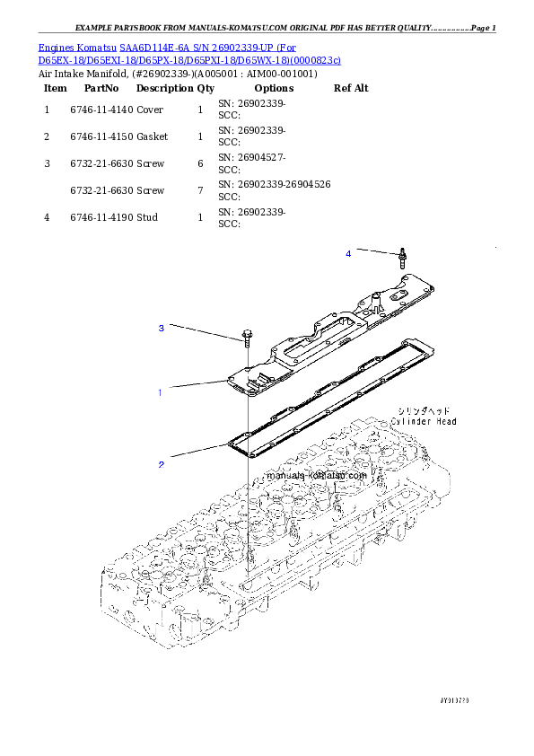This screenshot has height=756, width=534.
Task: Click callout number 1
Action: click(160, 392)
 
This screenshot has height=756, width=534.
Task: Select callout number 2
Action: click(162, 464)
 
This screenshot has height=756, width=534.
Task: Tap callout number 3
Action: click(162, 329)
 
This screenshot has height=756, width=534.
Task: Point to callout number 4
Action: click(348, 254)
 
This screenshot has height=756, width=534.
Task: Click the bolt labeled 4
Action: click(403, 259)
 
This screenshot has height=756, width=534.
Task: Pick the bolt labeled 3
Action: click(245, 339)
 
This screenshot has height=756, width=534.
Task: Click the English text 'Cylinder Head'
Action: click(423, 421)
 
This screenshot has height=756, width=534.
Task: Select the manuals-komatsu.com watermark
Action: click(317, 476)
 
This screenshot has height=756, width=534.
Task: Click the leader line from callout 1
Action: click(194, 387)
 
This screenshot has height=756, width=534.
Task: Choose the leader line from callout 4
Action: click(376, 251)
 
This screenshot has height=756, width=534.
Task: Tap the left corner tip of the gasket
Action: click(229, 443)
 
